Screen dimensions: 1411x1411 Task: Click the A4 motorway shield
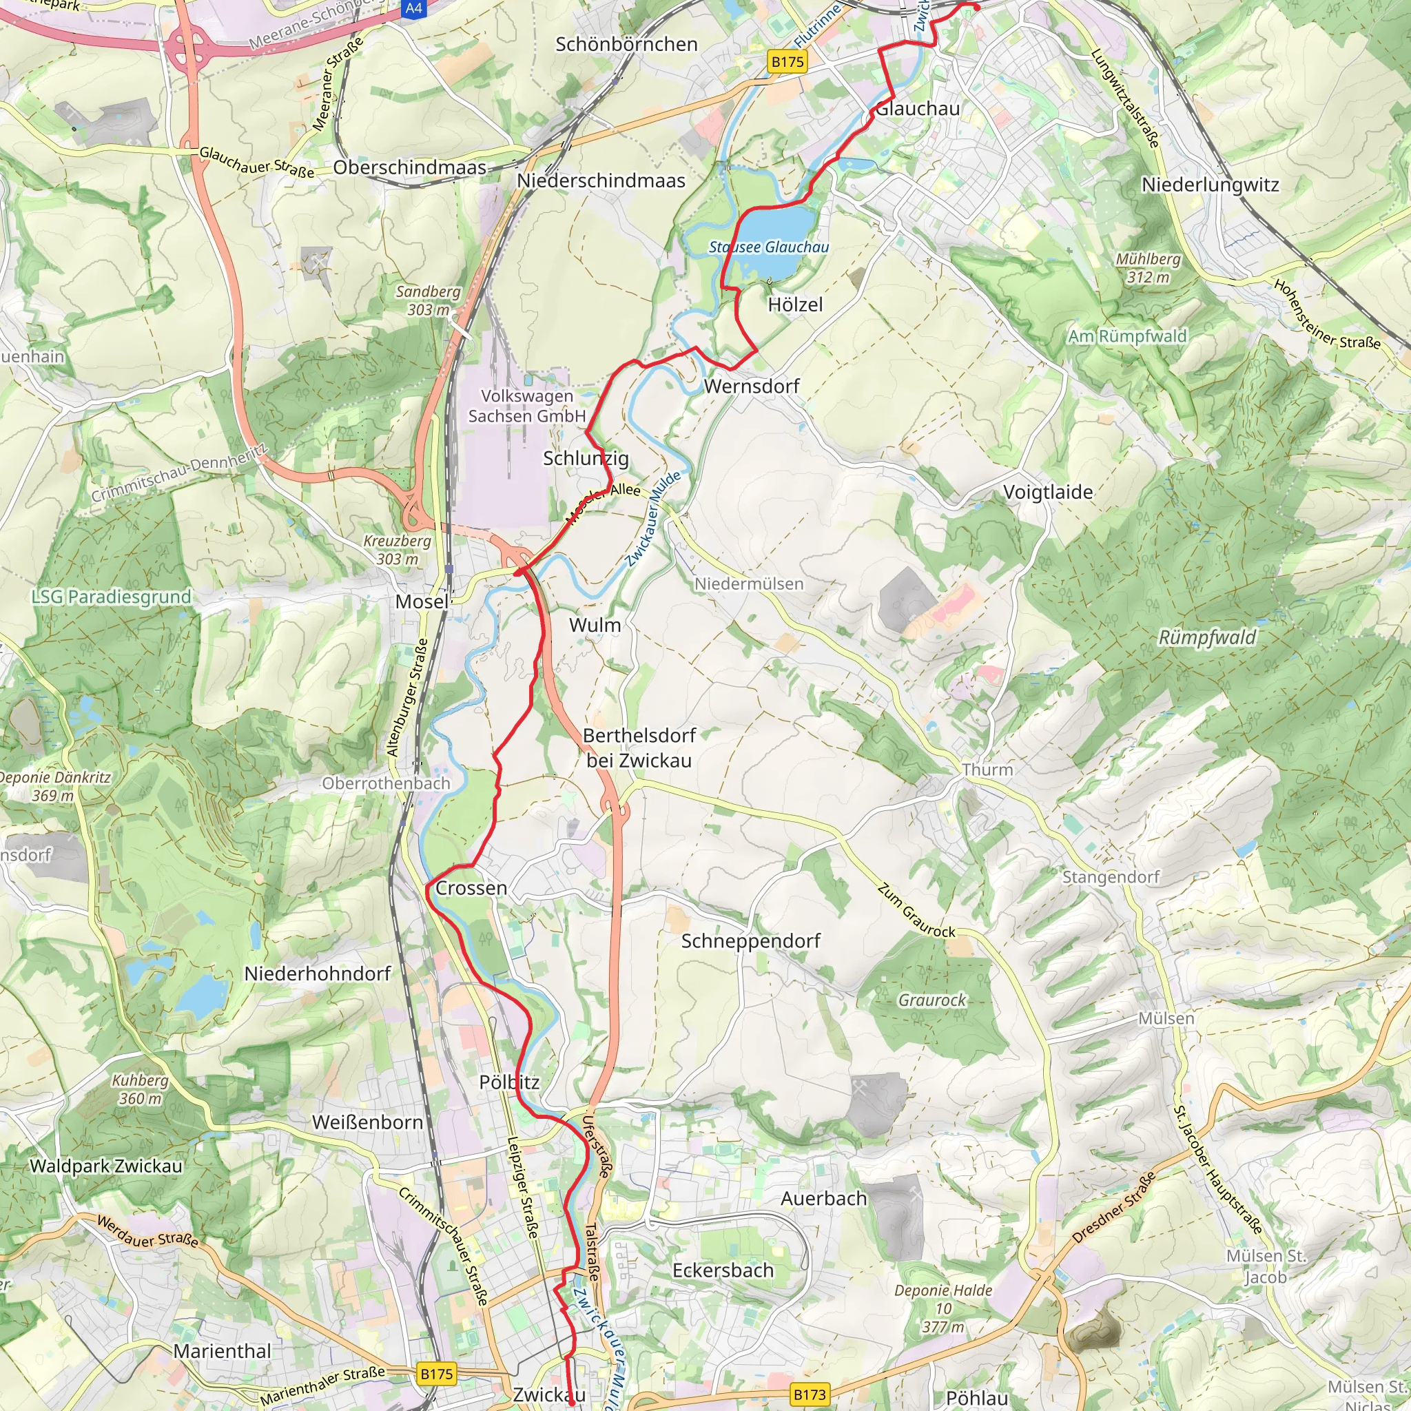coord(413,8)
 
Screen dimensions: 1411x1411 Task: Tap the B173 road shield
coord(810,1394)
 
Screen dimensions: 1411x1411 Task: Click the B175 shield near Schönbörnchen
coord(788,62)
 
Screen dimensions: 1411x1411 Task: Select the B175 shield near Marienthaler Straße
coord(437,1374)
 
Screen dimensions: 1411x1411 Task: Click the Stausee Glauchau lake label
coord(768,247)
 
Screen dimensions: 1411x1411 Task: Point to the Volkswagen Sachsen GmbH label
coord(526,406)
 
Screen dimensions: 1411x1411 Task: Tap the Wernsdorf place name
coord(752,387)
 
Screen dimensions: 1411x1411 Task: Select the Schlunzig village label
coord(586,459)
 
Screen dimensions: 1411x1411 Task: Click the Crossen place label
coord(471,888)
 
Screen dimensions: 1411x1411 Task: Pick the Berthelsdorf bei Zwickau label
coord(639,748)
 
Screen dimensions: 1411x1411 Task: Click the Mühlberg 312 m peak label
coord(1148,268)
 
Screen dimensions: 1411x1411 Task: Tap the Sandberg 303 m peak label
coord(428,300)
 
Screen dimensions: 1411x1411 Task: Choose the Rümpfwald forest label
coord(1207,637)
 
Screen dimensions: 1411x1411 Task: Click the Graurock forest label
coord(932,1000)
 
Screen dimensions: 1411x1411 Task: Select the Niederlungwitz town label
coord(1210,185)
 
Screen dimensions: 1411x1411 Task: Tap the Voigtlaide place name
coord(1048,492)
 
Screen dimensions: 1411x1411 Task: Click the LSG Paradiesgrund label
coord(111,597)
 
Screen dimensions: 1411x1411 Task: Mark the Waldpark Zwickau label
coord(106,1166)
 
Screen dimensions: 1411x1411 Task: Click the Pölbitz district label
coord(509,1082)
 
